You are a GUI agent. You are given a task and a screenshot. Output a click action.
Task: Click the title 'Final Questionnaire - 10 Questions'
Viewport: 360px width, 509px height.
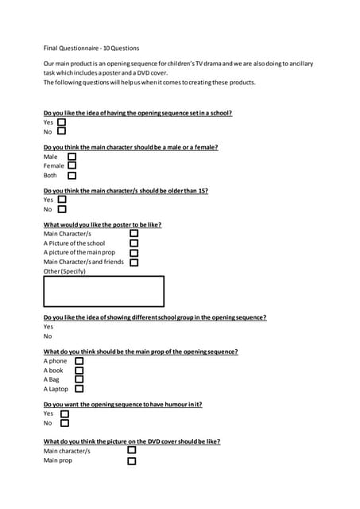pyautogui.click(x=91, y=49)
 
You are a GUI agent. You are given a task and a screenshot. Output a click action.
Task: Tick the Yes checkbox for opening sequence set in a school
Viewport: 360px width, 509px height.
pyautogui.click(x=62, y=122)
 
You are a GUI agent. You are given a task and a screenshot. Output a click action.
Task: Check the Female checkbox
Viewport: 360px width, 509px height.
pyautogui.click(x=72, y=165)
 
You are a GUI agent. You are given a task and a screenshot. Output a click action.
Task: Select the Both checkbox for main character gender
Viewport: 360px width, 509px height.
pyautogui.click(x=72, y=176)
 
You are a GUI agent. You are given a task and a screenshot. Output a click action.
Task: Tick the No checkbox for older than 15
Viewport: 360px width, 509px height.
pyautogui.click(x=62, y=209)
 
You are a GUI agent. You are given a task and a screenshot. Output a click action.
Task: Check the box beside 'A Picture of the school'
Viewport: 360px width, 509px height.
pyautogui.click(x=134, y=243)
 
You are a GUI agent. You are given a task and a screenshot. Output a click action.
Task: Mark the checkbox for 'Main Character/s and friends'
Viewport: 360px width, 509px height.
pyautogui.click(x=134, y=262)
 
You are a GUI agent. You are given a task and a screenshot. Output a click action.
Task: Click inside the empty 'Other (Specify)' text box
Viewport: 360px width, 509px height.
pyautogui.click(x=103, y=291)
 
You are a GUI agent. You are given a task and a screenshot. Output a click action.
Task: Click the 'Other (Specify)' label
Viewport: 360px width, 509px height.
pyautogui.click(x=64, y=271)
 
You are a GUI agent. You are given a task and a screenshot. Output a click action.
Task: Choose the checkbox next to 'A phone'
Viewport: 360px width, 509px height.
pyautogui.click(x=79, y=361)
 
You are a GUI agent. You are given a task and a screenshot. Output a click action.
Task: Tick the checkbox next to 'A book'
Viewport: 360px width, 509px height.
pyautogui.click(x=79, y=371)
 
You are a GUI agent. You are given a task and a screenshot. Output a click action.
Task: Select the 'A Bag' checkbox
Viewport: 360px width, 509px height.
pyautogui.click(x=79, y=380)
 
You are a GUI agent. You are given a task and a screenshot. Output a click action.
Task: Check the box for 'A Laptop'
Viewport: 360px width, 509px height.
pyautogui.click(x=79, y=390)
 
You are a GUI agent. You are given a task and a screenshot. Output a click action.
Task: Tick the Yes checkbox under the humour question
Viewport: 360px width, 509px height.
pyautogui.click(x=64, y=414)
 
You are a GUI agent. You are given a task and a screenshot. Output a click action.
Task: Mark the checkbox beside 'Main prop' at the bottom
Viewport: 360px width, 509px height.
pyautogui.click(x=131, y=460)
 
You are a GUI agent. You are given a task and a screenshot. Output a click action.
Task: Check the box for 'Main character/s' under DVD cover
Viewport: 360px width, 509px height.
pyautogui.click(x=131, y=450)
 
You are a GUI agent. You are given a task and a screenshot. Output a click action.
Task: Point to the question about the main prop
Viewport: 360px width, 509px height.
pyautogui.click(x=141, y=352)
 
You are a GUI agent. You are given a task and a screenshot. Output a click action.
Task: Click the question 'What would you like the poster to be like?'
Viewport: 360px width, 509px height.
pyautogui.click(x=103, y=224)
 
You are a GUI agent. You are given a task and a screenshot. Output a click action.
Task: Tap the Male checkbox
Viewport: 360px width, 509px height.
pyautogui.click(x=72, y=156)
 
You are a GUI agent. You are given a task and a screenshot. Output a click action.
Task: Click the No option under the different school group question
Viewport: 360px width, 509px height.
pyautogui.click(x=48, y=336)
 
